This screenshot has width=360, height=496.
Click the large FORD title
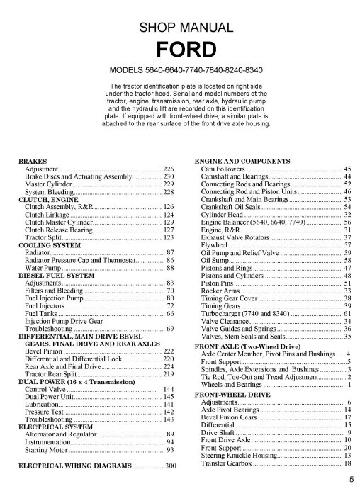click(x=180, y=51)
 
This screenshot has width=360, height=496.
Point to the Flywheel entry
click(x=216, y=245)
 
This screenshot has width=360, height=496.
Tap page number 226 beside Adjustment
click(x=169, y=169)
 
